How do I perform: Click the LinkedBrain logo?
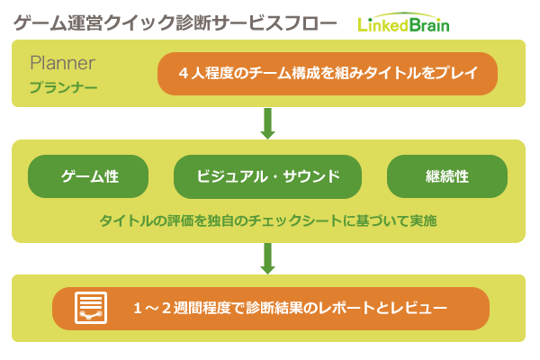click(x=403, y=23)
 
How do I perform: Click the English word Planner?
click(x=62, y=63)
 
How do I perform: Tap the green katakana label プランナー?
click(x=63, y=87)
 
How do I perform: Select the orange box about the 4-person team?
click(x=328, y=74)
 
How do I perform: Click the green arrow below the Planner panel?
click(x=267, y=123)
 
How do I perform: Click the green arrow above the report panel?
click(x=267, y=258)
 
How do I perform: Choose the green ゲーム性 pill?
click(x=88, y=176)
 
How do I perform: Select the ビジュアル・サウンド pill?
click(x=267, y=176)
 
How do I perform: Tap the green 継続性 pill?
click(x=447, y=176)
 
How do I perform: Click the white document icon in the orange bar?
click(x=91, y=308)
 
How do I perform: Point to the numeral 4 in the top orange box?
click(x=184, y=74)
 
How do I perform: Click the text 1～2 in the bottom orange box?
click(x=152, y=308)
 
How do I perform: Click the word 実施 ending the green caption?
click(x=423, y=220)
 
